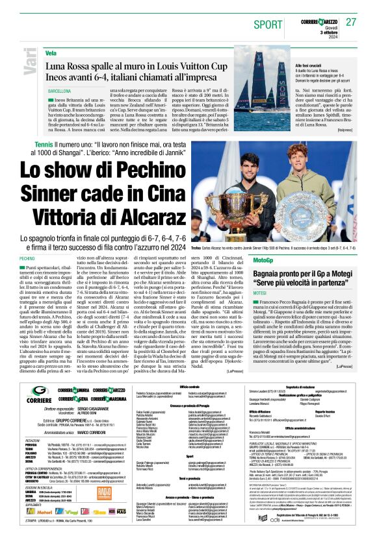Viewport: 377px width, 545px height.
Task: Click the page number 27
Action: [352, 21]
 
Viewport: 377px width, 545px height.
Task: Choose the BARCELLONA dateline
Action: [59, 91]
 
